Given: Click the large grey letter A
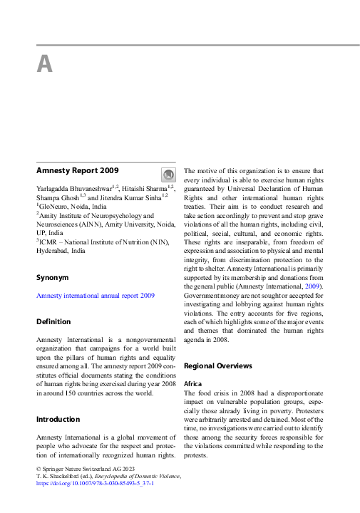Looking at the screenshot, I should pyautogui.click(x=44, y=65).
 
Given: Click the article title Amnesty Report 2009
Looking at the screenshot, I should pyautogui.click(x=77, y=170).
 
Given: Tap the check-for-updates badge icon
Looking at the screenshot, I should pyautogui.click(x=168, y=175).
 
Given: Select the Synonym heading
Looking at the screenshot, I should pyautogui.click(x=52, y=276).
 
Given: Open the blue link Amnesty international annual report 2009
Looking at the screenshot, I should pyautogui.click(x=95, y=295).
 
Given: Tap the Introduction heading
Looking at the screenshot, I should pyautogui.click(x=58, y=419).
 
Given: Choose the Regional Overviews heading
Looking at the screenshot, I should pyautogui.click(x=217, y=366).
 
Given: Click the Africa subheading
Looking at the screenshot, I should pyautogui.click(x=192, y=383).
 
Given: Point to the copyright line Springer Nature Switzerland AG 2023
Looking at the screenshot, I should pyautogui.click(x=83, y=468).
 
